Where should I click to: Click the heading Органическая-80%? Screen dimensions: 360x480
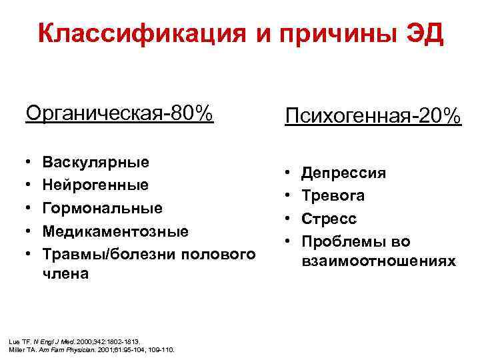119,113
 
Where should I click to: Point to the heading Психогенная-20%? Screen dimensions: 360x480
373,116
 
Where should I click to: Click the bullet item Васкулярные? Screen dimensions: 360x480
95,162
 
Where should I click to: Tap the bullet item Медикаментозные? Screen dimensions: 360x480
115,231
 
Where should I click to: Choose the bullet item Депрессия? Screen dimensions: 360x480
343,173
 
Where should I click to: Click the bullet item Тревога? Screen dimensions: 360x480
333,196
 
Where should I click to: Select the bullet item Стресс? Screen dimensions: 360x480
329,219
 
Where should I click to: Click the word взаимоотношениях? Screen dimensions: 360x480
378,261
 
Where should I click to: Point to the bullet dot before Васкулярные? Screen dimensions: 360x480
29,163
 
